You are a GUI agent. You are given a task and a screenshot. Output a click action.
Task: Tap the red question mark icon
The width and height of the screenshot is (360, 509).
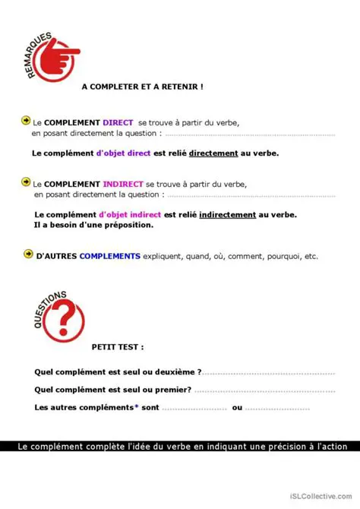(x=62, y=321)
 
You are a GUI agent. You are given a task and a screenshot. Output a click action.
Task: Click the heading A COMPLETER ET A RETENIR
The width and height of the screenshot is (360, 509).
(x=142, y=87)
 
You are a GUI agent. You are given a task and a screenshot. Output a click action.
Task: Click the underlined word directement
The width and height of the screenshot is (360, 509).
(x=213, y=153)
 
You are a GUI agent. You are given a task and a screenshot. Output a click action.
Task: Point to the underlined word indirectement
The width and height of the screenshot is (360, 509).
(x=228, y=215)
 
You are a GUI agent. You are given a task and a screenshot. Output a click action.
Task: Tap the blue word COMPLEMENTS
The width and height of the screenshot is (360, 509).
(x=110, y=256)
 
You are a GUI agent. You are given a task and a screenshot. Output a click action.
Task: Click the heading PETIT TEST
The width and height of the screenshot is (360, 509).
(x=117, y=347)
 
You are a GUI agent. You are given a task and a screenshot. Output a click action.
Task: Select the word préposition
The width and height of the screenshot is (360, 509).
(x=126, y=225)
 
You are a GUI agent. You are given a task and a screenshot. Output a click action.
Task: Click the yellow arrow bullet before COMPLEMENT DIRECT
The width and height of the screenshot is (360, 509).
(x=26, y=121)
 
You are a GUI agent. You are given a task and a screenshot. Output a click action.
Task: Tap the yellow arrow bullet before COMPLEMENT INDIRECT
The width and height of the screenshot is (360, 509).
(x=26, y=183)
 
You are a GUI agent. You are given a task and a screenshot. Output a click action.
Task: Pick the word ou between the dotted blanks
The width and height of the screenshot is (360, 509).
(x=237, y=408)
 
